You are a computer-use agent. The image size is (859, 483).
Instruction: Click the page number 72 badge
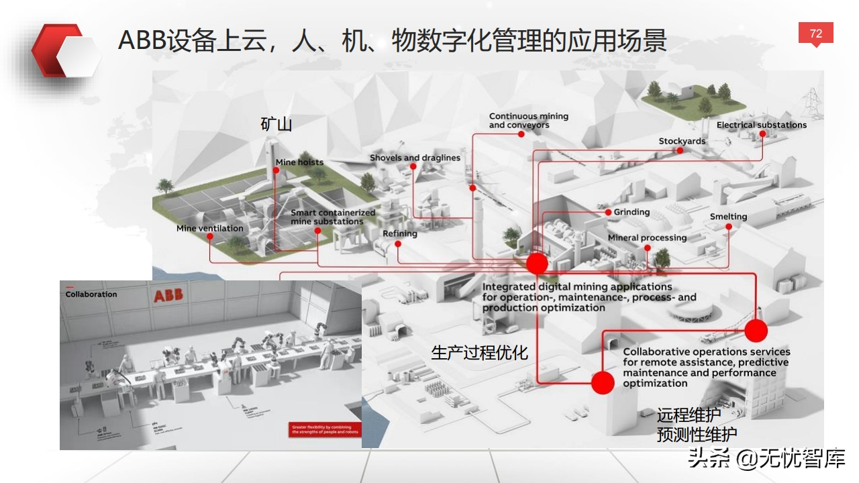(x=815, y=34)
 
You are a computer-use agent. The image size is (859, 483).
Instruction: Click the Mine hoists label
(x=299, y=162)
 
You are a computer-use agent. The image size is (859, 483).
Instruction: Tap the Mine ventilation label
(x=209, y=228)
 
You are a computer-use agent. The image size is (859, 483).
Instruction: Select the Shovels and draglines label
(x=415, y=158)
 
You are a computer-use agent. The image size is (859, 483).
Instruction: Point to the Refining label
(x=400, y=233)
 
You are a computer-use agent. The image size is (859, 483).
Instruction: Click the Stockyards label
(x=682, y=141)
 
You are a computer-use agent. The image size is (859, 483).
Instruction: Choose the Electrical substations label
(x=761, y=125)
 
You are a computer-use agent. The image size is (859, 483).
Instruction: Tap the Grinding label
(x=631, y=212)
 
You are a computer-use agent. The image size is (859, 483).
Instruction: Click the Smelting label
(x=728, y=217)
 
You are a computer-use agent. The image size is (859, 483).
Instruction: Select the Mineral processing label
(x=647, y=237)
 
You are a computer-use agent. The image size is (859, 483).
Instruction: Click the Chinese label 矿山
(x=276, y=124)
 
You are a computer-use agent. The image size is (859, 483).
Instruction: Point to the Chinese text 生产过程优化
(x=479, y=352)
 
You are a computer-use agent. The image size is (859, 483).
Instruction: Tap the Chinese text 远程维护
(x=689, y=415)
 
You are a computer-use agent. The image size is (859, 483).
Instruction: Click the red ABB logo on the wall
(x=167, y=296)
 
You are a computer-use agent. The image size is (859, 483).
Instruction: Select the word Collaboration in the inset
(x=91, y=294)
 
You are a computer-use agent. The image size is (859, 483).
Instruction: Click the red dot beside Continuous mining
(x=521, y=134)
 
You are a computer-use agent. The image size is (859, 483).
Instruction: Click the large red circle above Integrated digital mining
(x=537, y=264)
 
